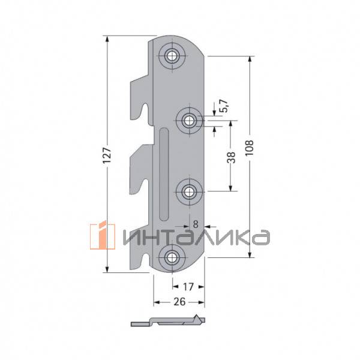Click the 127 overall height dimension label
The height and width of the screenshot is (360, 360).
click(x=107, y=155)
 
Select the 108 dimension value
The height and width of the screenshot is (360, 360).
click(x=250, y=148)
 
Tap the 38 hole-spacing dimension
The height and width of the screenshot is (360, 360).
click(x=231, y=157)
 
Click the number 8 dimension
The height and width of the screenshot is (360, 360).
click(x=196, y=224)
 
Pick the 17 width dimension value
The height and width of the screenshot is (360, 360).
click(x=188, y=287)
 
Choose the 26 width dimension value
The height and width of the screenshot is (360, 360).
click(x=179, y=302)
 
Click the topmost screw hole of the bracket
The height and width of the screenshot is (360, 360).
click(x=172, y=56)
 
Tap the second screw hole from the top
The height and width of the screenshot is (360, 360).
click(x=189, y=121)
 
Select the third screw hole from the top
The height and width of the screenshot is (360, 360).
click(x=189, y=192)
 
